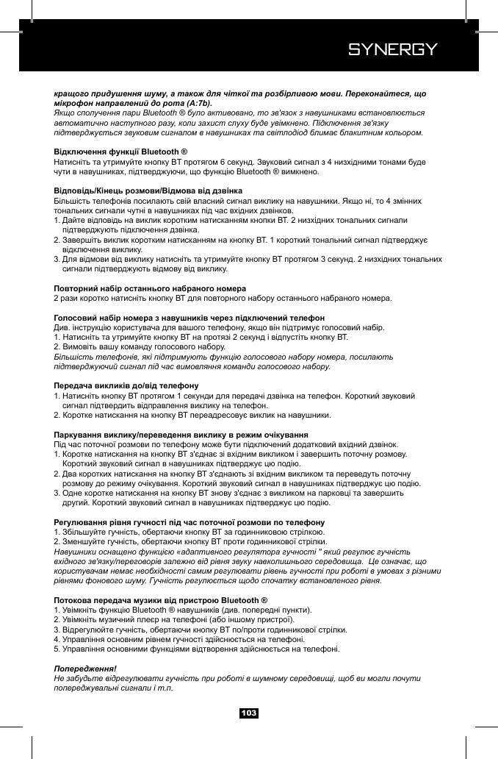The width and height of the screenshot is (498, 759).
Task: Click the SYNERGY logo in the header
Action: pyautogui.click(x=393, y=50)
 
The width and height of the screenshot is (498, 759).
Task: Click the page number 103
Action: pyautogui.click(x=249, y=713)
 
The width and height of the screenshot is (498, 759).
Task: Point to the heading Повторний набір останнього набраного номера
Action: pyautogui.click(x=150, y=288)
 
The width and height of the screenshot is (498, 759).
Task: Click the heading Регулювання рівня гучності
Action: pyautogui.click(x=195, y=521)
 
